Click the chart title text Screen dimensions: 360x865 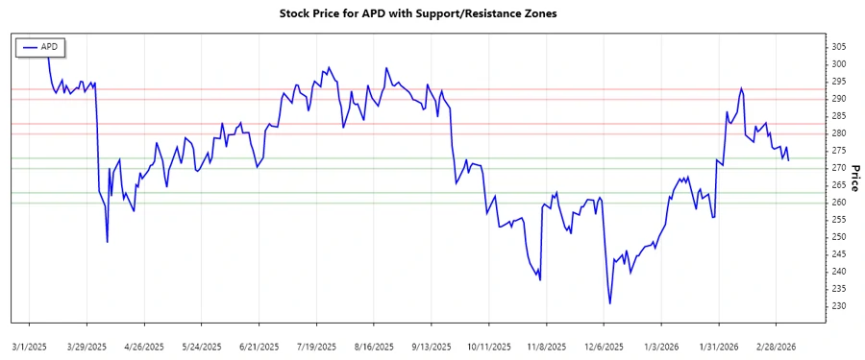(432, 13)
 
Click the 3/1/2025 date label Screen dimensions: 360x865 (30, 345)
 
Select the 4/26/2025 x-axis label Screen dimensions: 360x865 (142, 345)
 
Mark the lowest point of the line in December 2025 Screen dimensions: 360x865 (610, 303)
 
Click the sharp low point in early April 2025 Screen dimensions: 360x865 (107, 242)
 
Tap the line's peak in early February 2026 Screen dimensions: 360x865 (741, 88)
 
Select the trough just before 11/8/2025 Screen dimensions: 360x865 (540, 280)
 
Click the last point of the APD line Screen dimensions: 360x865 (789, 160)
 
